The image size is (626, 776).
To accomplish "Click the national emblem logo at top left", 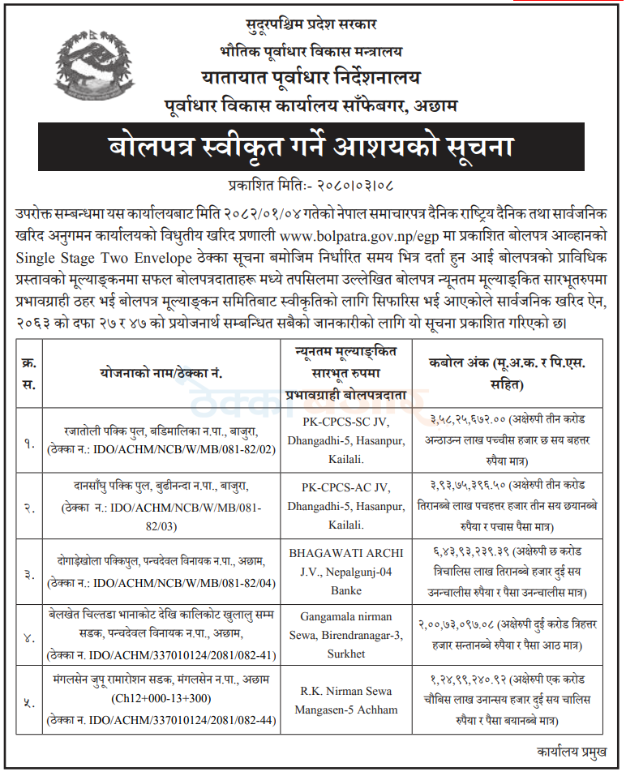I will [x=74, y=60].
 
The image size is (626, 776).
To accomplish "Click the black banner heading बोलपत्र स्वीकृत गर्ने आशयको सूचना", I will [x=312, y=149].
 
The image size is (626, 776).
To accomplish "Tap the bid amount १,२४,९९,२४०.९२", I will [x=467, y=680].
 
